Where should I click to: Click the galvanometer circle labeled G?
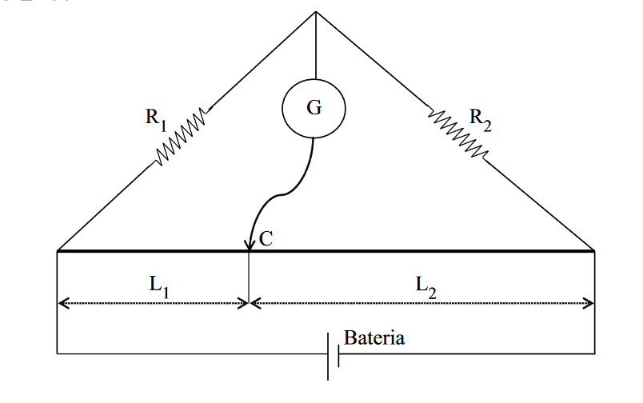[x=314, y=107]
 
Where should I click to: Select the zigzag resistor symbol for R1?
[x=182, y=137]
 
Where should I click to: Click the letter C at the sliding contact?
[x=266, y=239]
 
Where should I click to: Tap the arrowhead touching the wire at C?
[x=249, y=243]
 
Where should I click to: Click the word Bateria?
[x=374, y=337]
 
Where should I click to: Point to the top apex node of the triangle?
[x=316, y=13]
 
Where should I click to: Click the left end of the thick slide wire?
[x=58, y=251]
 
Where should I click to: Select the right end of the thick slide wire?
[x=594, y=251]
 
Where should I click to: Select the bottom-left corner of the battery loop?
[x=58, y=353]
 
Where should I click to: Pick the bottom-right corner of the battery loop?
[x=594, y=353]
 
